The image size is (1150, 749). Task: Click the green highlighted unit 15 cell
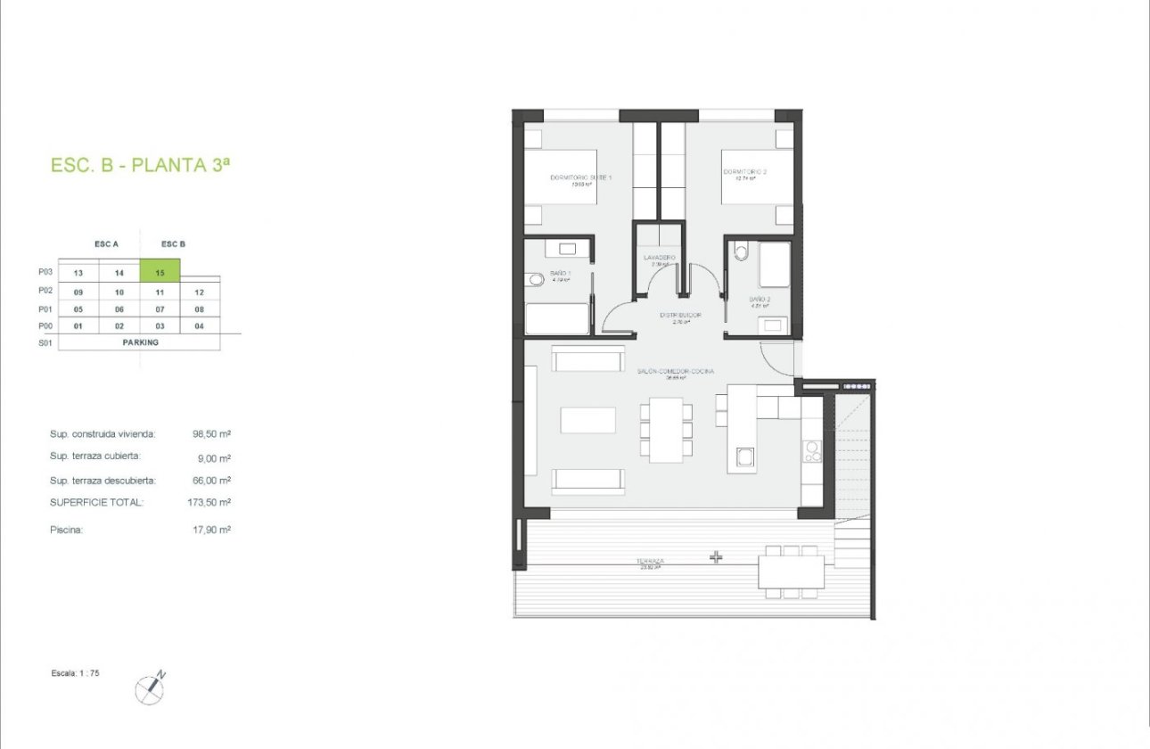[160, 272]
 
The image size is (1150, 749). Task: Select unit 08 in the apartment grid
[200, 309]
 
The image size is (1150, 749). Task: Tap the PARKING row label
[140, 342]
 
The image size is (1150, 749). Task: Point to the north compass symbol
[150, 687]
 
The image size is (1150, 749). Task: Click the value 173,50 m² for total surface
[212, 503]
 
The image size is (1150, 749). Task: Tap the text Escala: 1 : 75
[75, 673]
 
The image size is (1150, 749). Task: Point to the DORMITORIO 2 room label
[745, 172]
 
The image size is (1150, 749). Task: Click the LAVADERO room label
[660, 258]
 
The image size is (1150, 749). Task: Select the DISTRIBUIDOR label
[680, 315]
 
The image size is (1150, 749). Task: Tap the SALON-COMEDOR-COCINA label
[675, 371]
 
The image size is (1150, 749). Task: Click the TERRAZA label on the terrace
[650, 562]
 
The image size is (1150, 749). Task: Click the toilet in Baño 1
[536, 279]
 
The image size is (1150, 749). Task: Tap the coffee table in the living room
[587, 420]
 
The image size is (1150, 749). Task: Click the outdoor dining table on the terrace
[791, 572]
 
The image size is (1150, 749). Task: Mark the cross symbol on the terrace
[716, 557]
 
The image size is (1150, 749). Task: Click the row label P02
[46, 291]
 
